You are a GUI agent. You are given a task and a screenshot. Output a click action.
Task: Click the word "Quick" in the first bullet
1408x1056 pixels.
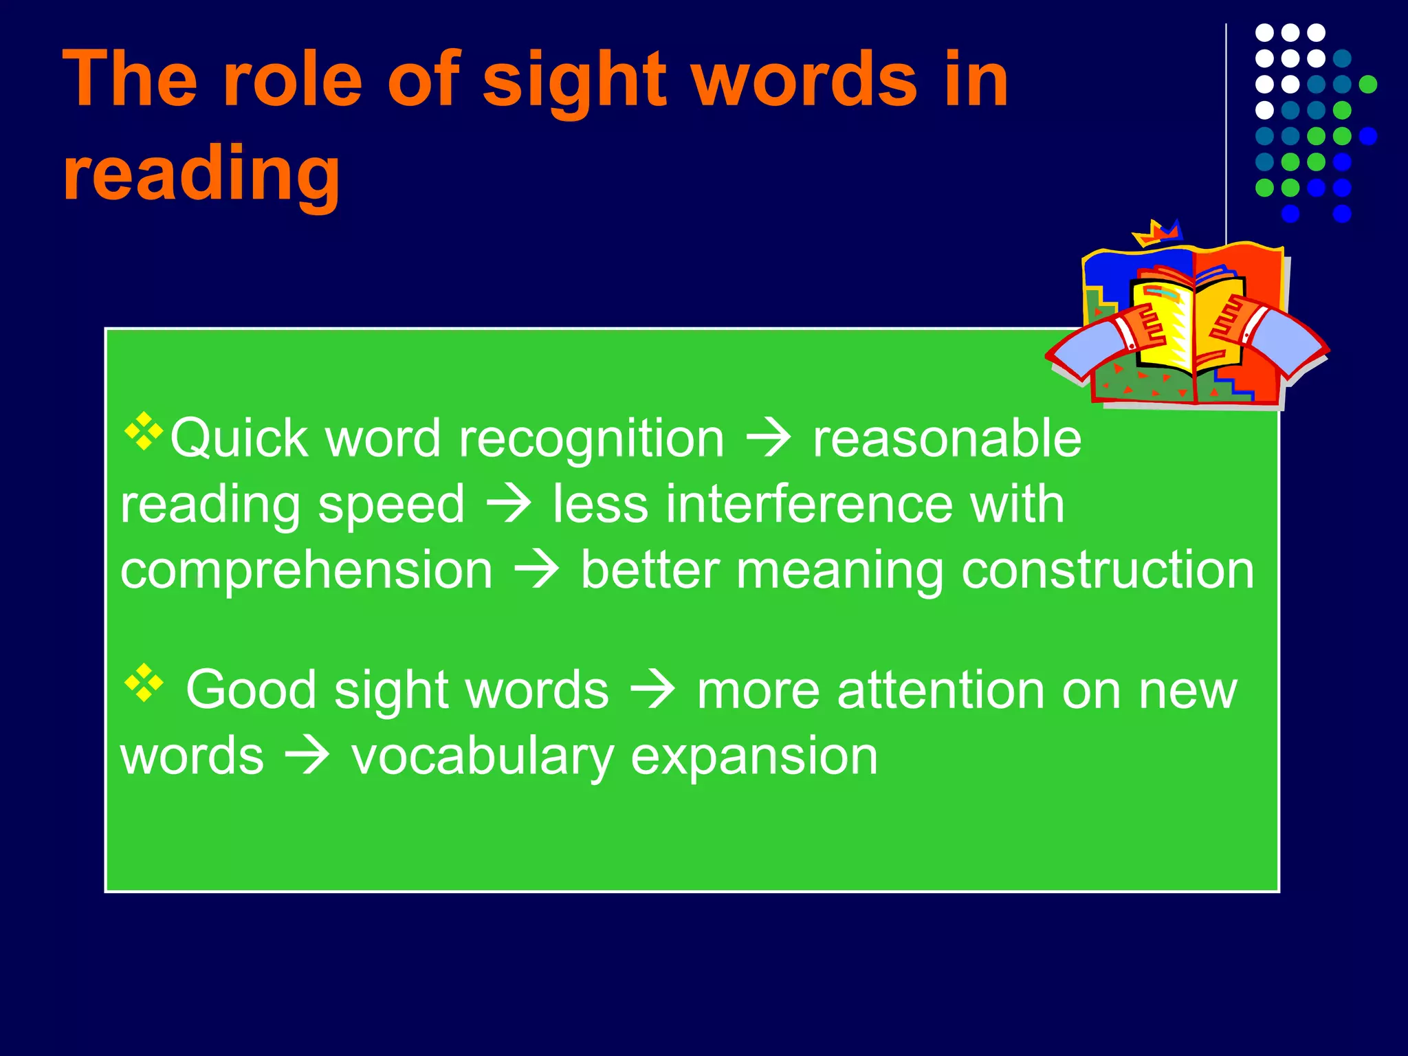pyautogui.click(x=238, y=439)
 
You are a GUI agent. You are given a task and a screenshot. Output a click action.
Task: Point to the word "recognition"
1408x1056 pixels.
pyautogui.click(x=591, y=439)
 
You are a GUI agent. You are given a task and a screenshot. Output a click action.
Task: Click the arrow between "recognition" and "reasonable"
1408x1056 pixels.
pyautogui.click(x=769, y=439)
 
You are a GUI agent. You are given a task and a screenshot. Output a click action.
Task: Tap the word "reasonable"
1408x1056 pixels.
pyautogui.click(x=947, y=439)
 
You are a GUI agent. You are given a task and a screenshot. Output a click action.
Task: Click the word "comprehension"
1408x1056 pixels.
pyautogui.click(x=307, y=570)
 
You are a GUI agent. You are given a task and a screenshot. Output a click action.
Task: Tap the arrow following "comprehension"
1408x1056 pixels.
pyautogui.click(x=537, y=570)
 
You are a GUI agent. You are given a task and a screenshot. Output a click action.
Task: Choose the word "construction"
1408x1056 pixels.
pyautogui.click(x=1108, y=570)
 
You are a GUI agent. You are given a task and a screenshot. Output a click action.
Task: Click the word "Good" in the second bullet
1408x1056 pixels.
pyautogui.click(x=251, y=690)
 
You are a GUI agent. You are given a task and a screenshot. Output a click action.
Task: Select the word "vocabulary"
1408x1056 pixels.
pyautogui.click(x=483, y=756)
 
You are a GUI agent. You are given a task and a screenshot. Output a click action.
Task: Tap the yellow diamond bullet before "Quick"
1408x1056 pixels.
pyautogui.click(x=144, y=431)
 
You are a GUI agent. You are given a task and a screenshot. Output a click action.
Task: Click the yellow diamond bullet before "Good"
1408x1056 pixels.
pyautogui.click(x=144, y=683)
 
